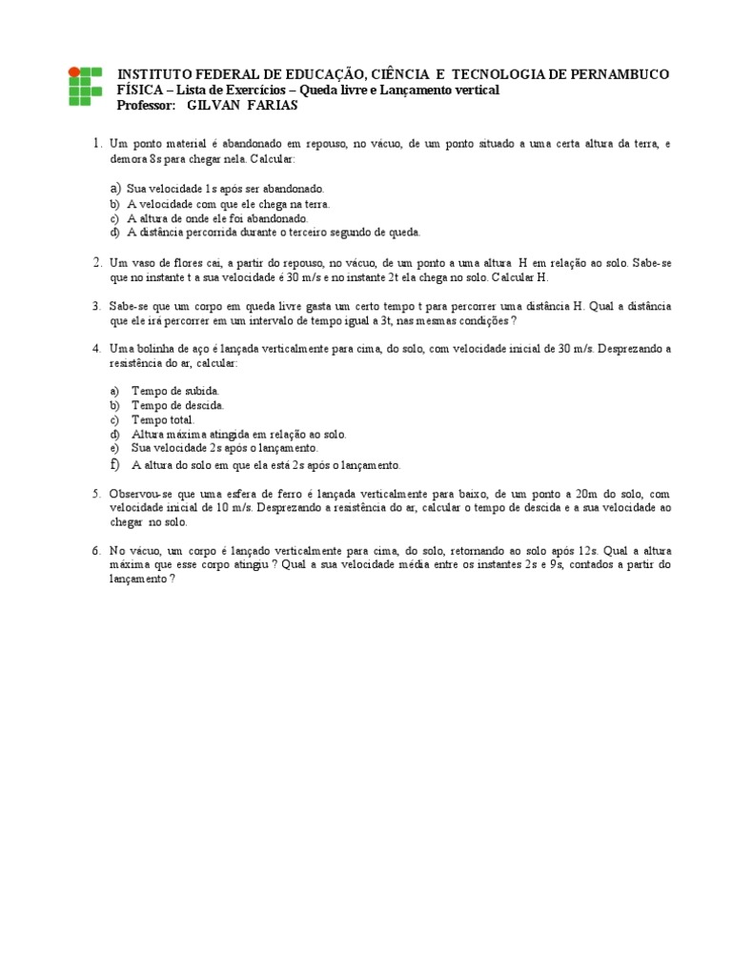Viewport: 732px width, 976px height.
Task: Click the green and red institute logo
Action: tap(83, 87)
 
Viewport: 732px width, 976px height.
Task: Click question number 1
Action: tap(96, 144)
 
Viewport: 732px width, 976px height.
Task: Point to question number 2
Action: tap(96, 262)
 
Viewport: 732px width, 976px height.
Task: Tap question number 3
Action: tap(96, 306)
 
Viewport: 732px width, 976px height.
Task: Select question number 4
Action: tap(96, 349)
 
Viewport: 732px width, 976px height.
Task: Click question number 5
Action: tap(96, 494)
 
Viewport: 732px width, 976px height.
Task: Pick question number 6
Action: tap(96, 551)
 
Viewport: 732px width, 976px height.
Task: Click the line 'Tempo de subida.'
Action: tap(176, 391)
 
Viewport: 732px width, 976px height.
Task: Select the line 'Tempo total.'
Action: tap(163, 419)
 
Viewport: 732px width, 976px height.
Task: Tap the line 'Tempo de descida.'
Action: tap(178, 405)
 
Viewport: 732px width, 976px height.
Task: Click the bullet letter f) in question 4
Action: tap(114, 464)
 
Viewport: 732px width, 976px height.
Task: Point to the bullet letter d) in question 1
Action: tap(114, 232)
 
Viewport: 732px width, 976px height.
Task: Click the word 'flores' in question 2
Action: tap(179, 262)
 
